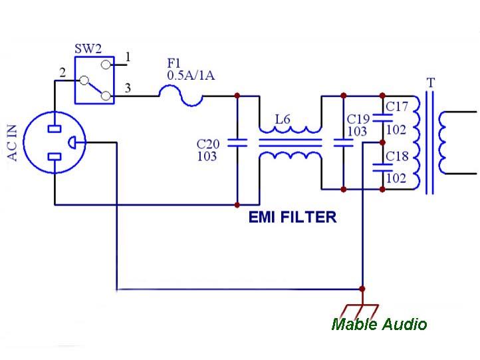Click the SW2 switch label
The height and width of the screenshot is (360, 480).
pyautogui.click(x=88, y=49)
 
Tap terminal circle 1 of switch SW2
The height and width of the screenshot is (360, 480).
pyautogui.click(x=106, y=65)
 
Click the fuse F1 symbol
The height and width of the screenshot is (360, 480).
pyautogui.click(x=181, y=96)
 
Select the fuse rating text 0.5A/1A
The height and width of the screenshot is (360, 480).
pyautogui.click(x=191, y=75)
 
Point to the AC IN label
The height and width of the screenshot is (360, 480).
pyautogui.click(x=12, y=143)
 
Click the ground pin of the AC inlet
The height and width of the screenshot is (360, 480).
pyautogui.click(x=72, y=142)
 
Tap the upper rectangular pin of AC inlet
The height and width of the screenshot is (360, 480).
pyautogui.click(x=55, y=128)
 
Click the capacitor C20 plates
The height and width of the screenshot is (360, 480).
pyautogui.click(x=237, y=143)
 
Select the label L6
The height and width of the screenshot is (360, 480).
pyautogui.click(x=283, y=119)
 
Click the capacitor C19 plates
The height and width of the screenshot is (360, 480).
pyautogui.click(x=343, y=143)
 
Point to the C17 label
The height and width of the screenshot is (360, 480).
pyautogui.click(x=397, y=106)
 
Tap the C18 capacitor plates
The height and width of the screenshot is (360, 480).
pyautogui.click(x=382, y=168)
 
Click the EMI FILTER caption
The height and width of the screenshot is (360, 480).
pyautogui.click(x=293, y=217)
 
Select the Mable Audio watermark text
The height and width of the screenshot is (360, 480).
pyautogui.click(x=379, y=324)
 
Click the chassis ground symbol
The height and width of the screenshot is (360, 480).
pyautogui.click(x=362, y=311)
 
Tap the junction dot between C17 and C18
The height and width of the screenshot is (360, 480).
pyautogui.click(x=382, y=142)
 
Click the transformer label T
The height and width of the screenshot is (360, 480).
pyautogui.click(x=431, y=83)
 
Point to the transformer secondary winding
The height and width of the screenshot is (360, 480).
pyautogui.click(x=443, y=142)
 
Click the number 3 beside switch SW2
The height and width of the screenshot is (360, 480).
pyautogui.click(x=128, y=89)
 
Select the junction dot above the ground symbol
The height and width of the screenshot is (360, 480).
pyautogui.click(x=362, y=289)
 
